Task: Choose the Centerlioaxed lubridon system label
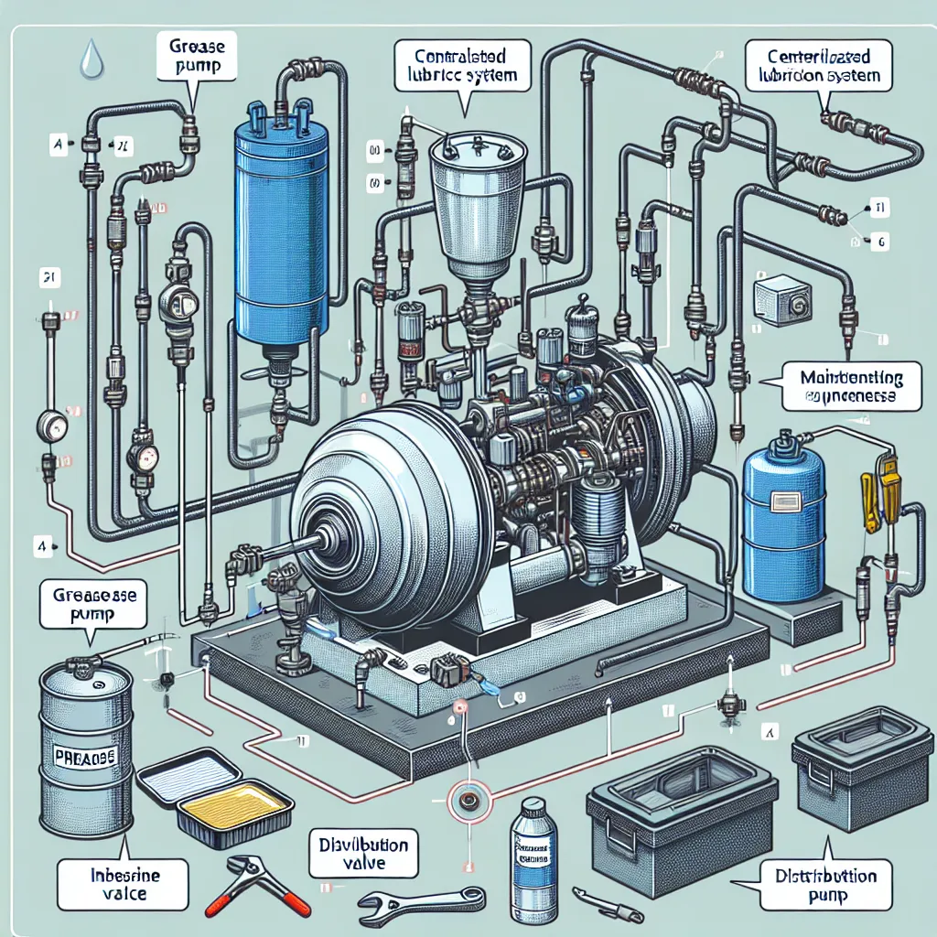818,67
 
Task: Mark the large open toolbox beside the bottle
682,814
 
